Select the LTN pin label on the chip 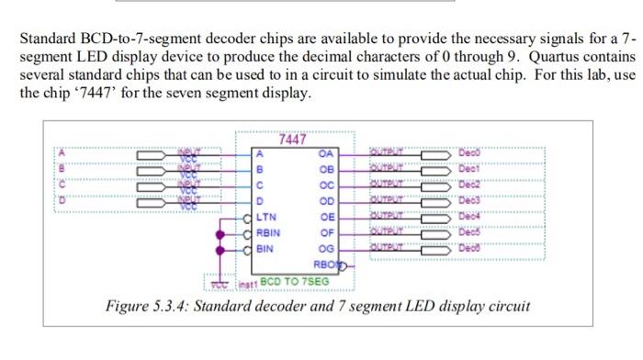click(x=266, y=217)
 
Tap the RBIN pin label click(x=269, y=232)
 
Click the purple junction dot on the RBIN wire click(x=219, y=233)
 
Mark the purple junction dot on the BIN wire click(x=219, y=249)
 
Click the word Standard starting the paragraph click(x=50, y=40)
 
